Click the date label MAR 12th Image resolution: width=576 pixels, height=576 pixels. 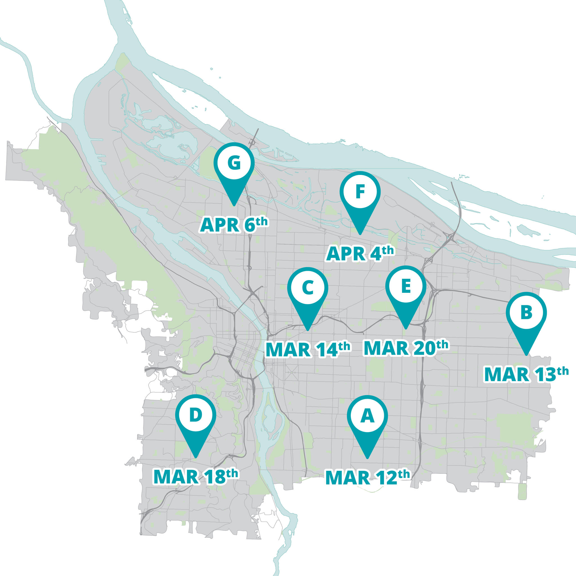click(x=367, y=477)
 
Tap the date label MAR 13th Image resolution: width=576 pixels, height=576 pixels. click(x=526, y=374)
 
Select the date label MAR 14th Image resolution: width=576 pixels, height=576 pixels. click(x=308, y=349)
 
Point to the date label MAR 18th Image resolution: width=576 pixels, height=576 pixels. click(x=195, y=476)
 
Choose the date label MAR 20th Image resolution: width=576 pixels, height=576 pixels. click(x=406, y=348)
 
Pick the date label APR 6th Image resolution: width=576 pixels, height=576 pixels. click(x=234, y=224)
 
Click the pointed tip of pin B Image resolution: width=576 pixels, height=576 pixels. click(x=526, y=355)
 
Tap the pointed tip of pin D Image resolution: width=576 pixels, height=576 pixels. click(x=195, y=457)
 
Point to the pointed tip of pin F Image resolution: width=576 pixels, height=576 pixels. click(x=360, y=234)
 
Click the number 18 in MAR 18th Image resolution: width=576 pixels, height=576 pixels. click(x=215, y=477)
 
